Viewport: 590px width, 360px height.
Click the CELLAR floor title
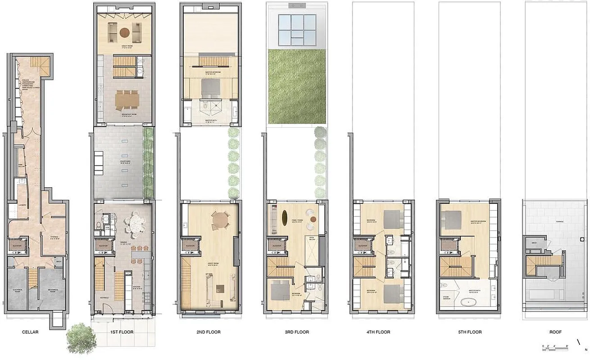[x=30, y=332]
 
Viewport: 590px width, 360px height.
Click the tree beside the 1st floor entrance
[x=81, y=337]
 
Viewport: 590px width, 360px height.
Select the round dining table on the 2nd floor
[x=219, y=220]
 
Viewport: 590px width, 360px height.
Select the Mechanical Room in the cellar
[x=50, y=290]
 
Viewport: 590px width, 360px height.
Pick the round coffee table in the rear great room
[x=124, y=31]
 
